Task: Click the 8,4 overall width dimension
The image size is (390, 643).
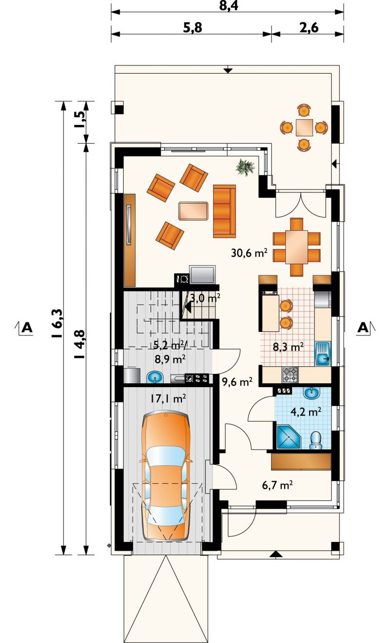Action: [228, 6]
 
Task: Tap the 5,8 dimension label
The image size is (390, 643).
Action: [193, 28]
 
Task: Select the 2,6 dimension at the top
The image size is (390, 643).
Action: [309, 28]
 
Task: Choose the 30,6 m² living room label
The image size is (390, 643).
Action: [249, 253]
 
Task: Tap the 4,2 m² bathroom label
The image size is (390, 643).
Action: [306, 412]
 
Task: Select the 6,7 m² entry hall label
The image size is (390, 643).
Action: [277, 485]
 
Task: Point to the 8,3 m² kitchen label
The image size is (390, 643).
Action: [288, 347]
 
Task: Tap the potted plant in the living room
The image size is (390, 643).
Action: [245, 167]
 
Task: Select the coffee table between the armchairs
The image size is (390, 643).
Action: [193, 211]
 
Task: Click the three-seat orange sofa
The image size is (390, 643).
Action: [224, 211]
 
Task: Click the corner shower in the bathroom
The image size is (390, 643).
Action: [289, 437]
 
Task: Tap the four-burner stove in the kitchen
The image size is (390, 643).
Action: [290, 374]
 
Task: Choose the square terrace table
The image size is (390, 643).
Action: [304, 127]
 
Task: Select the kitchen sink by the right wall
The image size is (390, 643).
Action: [323, 353]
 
